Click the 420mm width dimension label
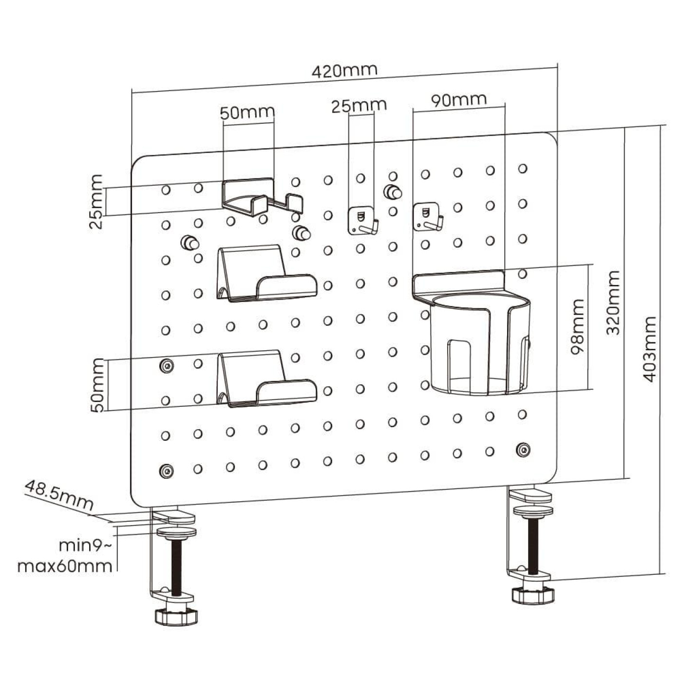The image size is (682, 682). [x=344, y=70]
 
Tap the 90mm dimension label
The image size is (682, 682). [x=458, y=100]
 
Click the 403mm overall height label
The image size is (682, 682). [x=649, y=349]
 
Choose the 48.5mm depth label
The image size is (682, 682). [x=58, y=494]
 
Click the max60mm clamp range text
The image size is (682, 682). [x=65, y=566]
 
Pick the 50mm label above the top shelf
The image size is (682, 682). [x=247, y=113]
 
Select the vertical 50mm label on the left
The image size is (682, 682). [x=98, y=385]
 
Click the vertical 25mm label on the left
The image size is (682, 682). [x=96, y=202]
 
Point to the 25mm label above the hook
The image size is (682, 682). [x=359, y=106]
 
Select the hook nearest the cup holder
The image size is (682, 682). [x=428, y=217]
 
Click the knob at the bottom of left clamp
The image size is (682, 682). [x=176, y=616]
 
